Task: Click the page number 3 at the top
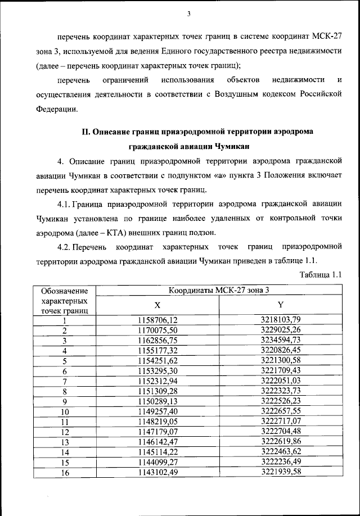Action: click(x=190, y=14)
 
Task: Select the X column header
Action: click(x=157, y=305)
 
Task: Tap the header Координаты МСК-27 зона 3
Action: click(x=219, y=290)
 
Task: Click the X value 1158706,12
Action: click(x=157, y=320)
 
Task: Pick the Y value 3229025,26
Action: click(x=281, y=329)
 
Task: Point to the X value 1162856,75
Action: click(x=157, y=340)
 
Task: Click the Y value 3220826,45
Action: click(x=281, y=350)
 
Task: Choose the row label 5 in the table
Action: click(x=65, y=360)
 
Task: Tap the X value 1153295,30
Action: click(x=157, y=370)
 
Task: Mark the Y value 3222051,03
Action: click(x=281, y=381)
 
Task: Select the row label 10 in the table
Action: click(x=65, y=411)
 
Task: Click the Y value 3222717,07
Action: click(x=281, y=421)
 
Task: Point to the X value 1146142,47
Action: click(x=157, y=441)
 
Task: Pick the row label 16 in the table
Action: click(x=65, y=472)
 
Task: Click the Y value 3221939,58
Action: click(x=281, y=472)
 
